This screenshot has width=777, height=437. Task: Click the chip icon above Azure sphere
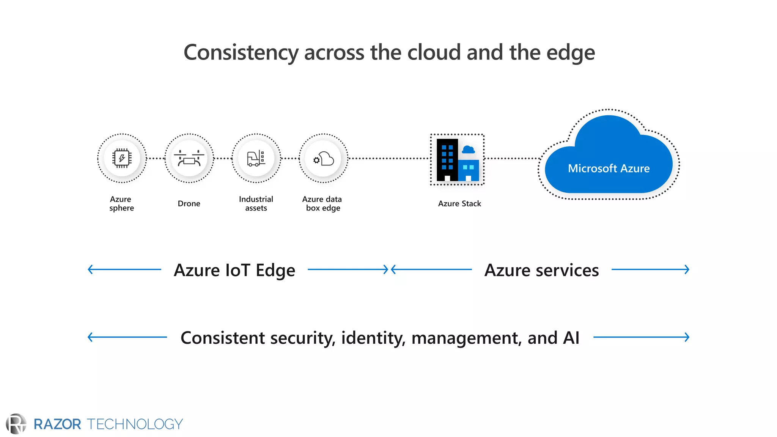[x=122, y=158]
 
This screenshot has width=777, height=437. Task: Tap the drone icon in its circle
[x=189, y=158]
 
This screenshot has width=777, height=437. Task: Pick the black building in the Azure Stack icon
[x=447, y=160]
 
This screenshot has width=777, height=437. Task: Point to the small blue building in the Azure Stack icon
[x=469, y=170]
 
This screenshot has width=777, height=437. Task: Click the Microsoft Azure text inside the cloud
[x=609, y=168]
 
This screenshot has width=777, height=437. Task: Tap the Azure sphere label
[x=121, y=203]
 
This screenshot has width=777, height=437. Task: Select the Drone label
[x=189, y=204]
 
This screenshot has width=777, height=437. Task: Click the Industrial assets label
[x=256, y=203]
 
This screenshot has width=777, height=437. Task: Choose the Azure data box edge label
[x=322, y=203]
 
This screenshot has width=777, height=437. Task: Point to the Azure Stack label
[x=459, y=204]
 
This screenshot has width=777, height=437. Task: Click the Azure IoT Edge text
[x=234, y=270]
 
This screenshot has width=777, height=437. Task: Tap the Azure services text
[x=541, y=270]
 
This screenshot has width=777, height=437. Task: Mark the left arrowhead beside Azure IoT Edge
[x=90, y=270]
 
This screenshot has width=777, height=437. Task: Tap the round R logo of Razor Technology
[x=16, y=424]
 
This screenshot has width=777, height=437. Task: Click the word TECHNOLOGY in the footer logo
[x=135, y=424]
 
